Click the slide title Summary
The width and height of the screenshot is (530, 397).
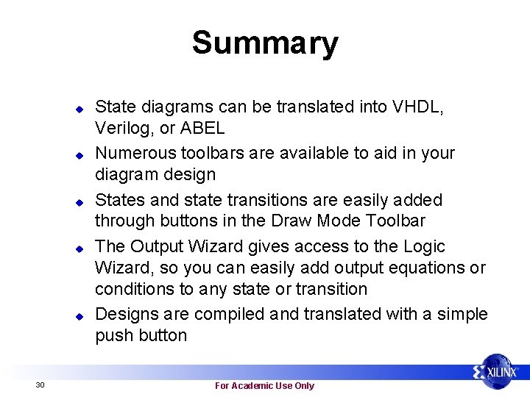coord(265,43)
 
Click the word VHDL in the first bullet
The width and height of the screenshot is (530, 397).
coord(418,107)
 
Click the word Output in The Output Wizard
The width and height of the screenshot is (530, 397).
coord(153,246)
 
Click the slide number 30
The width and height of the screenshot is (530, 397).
coord(40,385)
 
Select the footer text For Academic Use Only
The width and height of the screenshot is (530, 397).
coord(264,386)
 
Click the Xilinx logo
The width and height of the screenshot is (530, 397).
coord(499,372)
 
